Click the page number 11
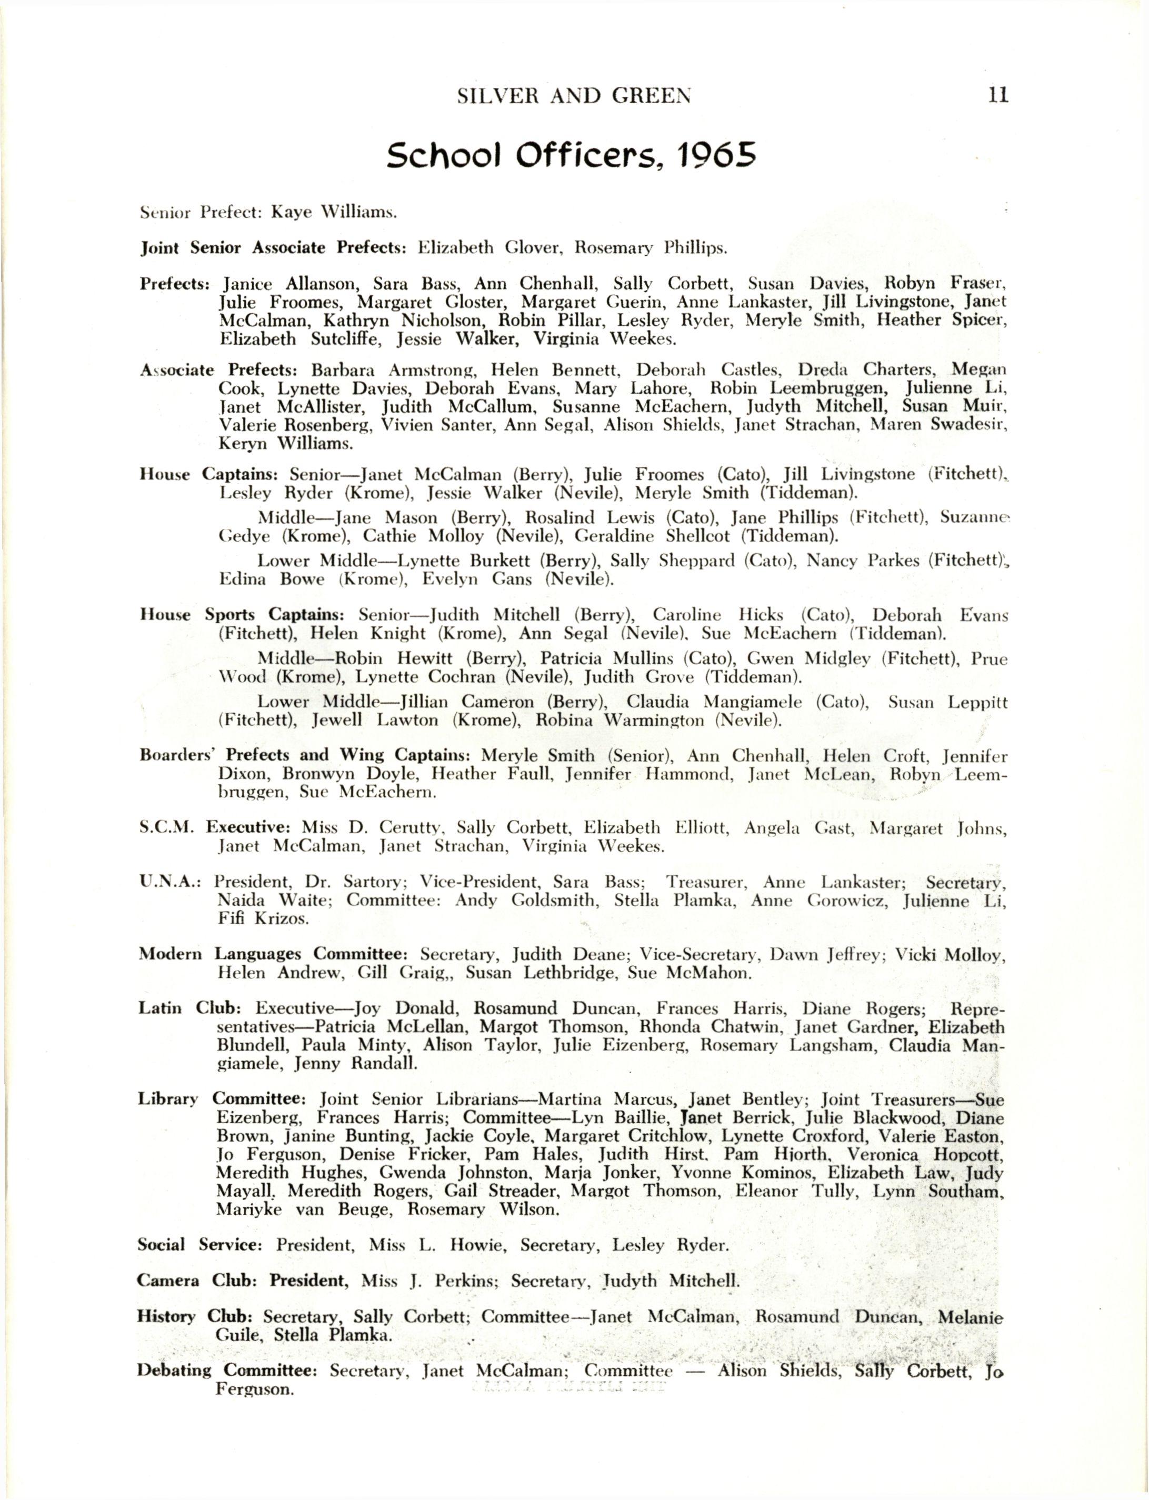pos(998,95)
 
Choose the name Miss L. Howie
pos(438,1244)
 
